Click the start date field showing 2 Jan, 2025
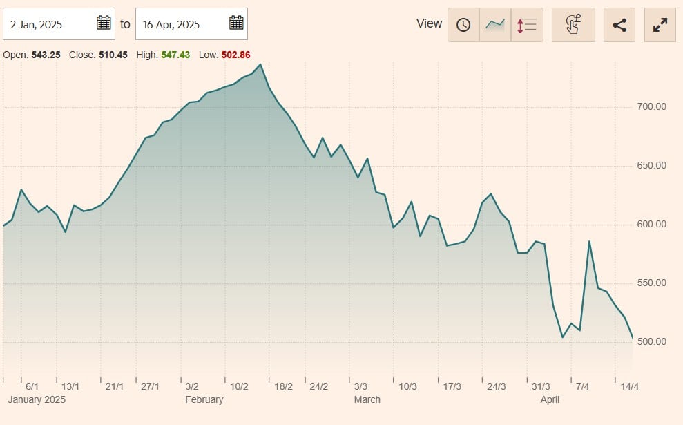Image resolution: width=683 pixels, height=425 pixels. click(x=41, y=24)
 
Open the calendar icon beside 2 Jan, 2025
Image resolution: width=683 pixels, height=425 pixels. click(x=104, y=23)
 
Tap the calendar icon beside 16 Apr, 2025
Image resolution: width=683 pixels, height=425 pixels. click(x=236, y=23)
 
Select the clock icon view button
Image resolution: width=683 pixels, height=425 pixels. click(x=463, y=25)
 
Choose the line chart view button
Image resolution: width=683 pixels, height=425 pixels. click(x=495, y=25)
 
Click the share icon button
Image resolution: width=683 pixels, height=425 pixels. click(x=619, y=25)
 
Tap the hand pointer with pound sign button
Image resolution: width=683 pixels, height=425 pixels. click(x=573, y=25)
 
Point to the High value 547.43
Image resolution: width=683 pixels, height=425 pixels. click(x=175, y=54)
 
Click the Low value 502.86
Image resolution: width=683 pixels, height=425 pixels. click(x=235, y=54)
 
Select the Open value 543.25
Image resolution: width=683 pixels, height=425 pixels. click(x=46, y=54)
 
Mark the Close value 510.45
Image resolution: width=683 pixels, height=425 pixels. click(x=113, y=54)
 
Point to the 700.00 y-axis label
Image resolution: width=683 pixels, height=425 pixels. click(x=651, y=107)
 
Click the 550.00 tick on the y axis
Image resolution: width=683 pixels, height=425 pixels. click(x=651, y=283)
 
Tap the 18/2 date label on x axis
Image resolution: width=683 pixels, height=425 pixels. click(x=283, y=386)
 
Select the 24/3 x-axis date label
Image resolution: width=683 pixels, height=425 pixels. click(x=497, y=386)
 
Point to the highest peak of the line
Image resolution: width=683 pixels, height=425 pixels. click(x=260, y=64)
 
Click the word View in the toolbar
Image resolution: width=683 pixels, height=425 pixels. click(x=429, y=23)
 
